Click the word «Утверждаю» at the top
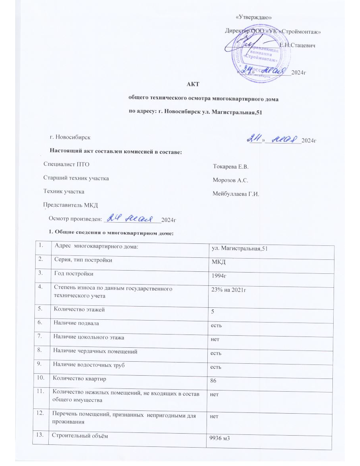pyautogui.click(x=254, y=17)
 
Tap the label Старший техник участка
pyautogui.click(x=76, y=178)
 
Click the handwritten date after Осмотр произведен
pyautogui.click(x=132, y=218)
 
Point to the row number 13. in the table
pyautogui.click(x=41, y=435)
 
